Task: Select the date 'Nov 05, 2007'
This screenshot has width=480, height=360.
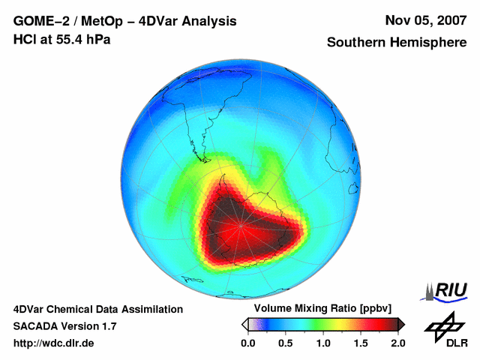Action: (425, 21)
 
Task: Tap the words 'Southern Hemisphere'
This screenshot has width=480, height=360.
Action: (396, 43)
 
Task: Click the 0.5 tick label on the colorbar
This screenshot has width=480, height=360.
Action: (285, 343)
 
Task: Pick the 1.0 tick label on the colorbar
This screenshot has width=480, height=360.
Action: (322, 343)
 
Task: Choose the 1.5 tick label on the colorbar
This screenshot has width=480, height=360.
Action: (360, 343)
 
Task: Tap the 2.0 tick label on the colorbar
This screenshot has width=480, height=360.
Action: (397, 343)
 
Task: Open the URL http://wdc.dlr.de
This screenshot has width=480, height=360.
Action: (54, 343)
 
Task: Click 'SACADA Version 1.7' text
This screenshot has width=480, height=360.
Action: (64, 326)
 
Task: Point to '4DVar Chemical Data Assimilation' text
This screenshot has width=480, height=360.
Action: (97, 309)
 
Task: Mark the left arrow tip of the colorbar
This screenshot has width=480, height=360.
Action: (243, 324)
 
